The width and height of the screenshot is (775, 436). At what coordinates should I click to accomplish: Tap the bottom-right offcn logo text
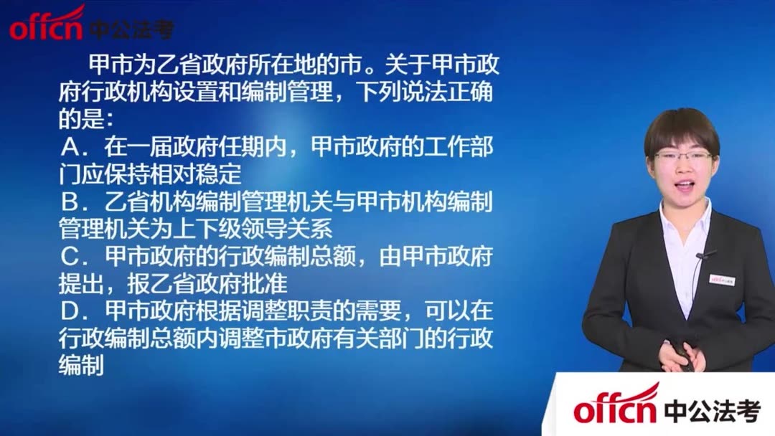(616, 409)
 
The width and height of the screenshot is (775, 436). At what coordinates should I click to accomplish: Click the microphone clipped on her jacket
(705, 255)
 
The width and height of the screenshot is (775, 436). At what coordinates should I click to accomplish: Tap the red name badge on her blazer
(721, 278)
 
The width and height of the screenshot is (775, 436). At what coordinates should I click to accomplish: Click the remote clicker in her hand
(682, 359)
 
